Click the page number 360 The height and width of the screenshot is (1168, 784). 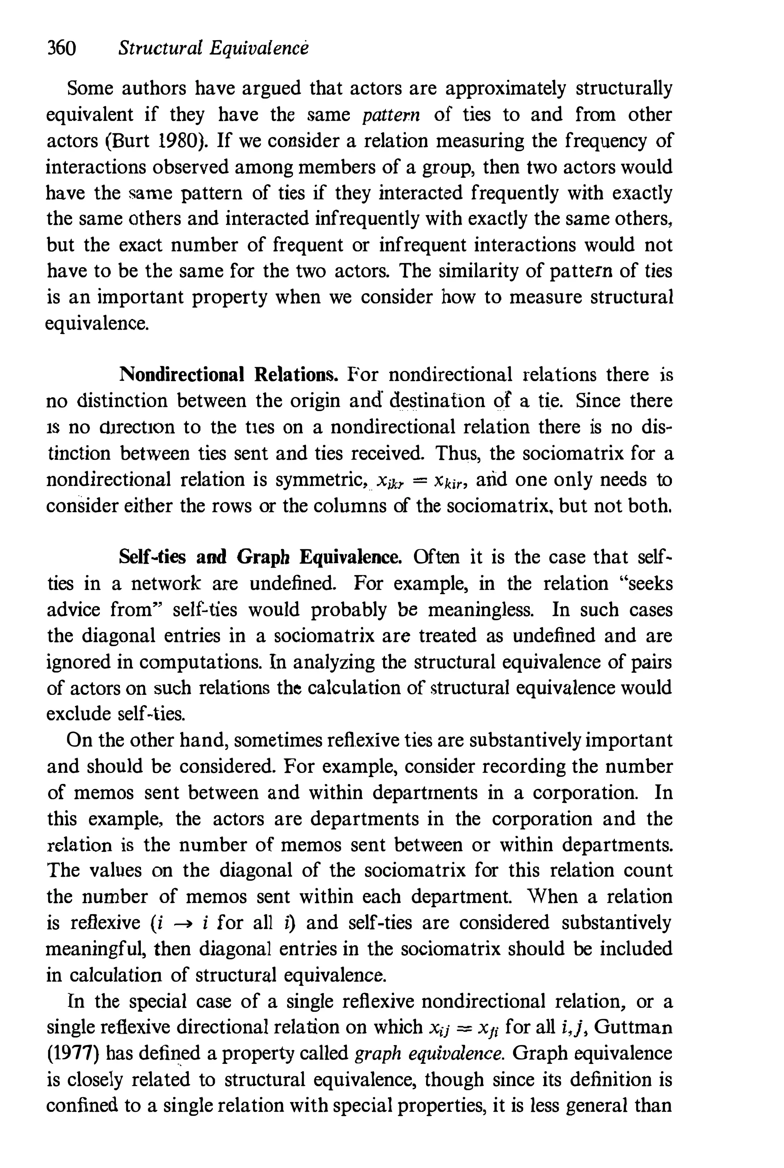pyautogui.click(x=61, y=49)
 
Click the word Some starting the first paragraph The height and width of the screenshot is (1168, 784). pyautogui.click(x=88, y=89)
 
